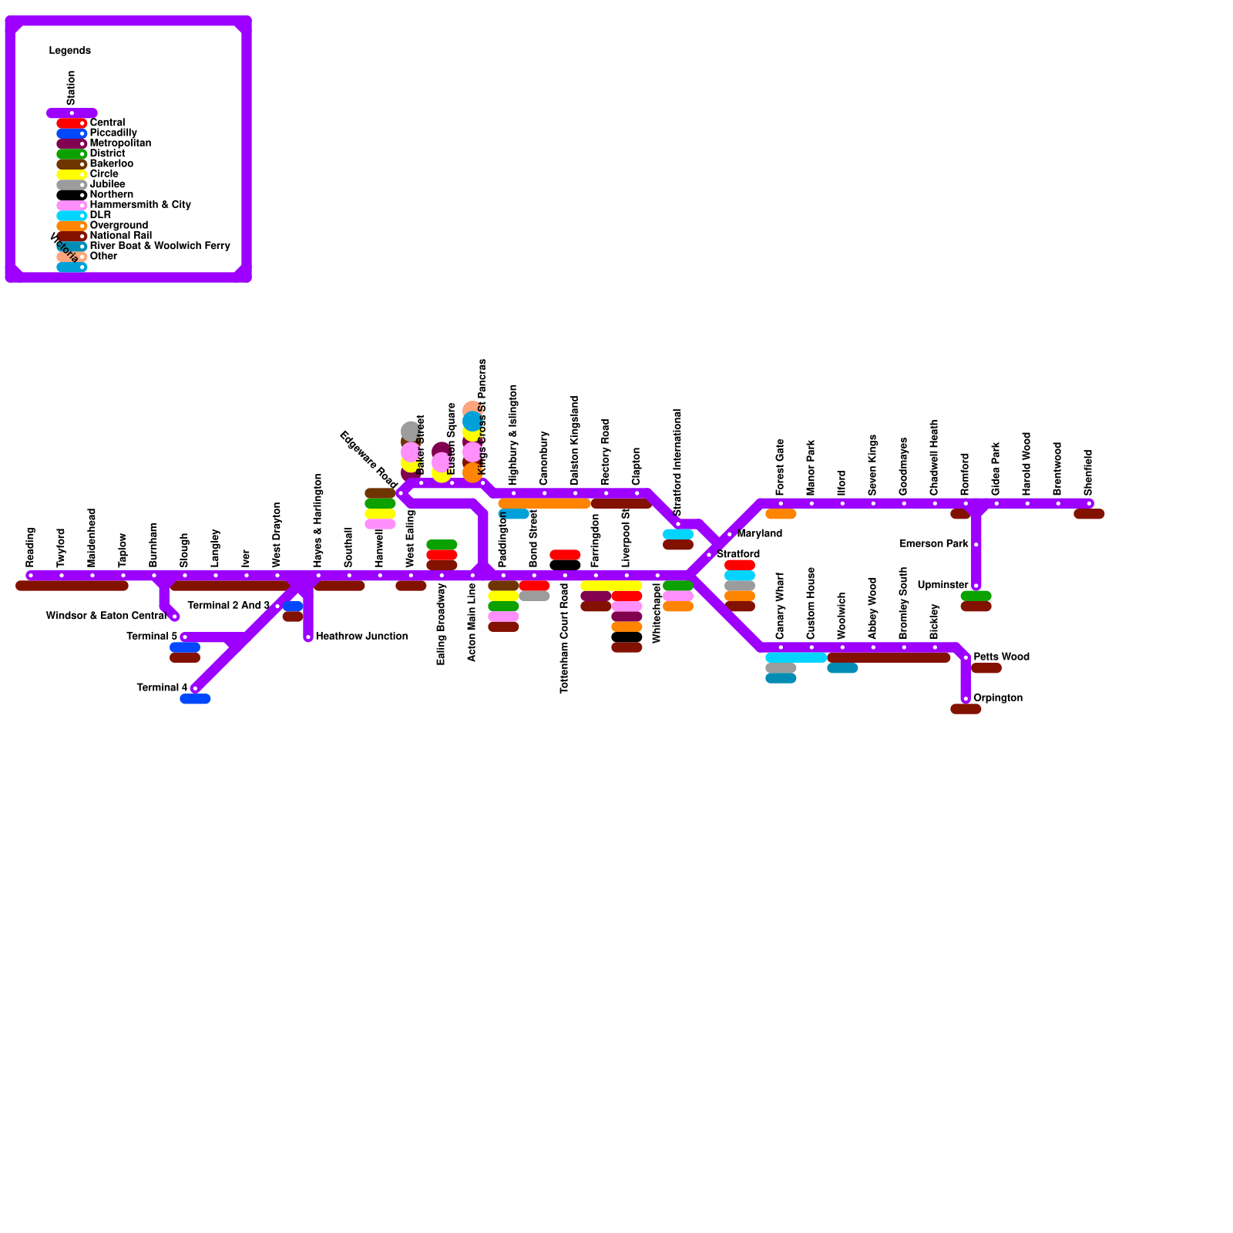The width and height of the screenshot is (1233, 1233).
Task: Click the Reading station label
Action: coord(31,547)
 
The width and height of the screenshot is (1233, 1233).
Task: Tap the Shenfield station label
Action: coord(1088,472)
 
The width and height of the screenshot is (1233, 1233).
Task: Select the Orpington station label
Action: coord(998,698)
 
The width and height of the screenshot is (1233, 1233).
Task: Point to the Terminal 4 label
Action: coord(162,687)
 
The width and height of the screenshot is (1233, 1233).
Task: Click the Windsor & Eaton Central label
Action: coord(106,616)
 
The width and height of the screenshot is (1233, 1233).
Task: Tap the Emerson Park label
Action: coord(934,544)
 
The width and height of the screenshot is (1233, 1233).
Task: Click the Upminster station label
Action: coord(942,585)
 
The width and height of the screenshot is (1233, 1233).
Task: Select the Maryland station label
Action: coord(759,533)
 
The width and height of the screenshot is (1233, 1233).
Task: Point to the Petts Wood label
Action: coord(1001,657)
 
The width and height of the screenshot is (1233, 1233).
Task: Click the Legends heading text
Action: coord(70,51)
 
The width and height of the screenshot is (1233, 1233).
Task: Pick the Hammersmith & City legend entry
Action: coord(140,205)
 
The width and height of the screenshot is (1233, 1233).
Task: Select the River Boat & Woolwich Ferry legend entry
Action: coord(160,246)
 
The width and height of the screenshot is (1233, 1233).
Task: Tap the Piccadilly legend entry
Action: coord(113,133)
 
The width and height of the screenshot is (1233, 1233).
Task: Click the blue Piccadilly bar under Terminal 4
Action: coord(195,699)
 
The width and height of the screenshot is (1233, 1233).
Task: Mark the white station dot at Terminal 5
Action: coord(184,637)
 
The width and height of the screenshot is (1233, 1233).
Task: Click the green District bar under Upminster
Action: coord(976,596)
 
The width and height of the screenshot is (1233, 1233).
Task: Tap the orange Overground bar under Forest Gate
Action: coord(781,514)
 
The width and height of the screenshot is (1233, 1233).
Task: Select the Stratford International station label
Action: coord(677,462)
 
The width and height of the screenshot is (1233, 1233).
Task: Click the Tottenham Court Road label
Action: coord(565,638)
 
